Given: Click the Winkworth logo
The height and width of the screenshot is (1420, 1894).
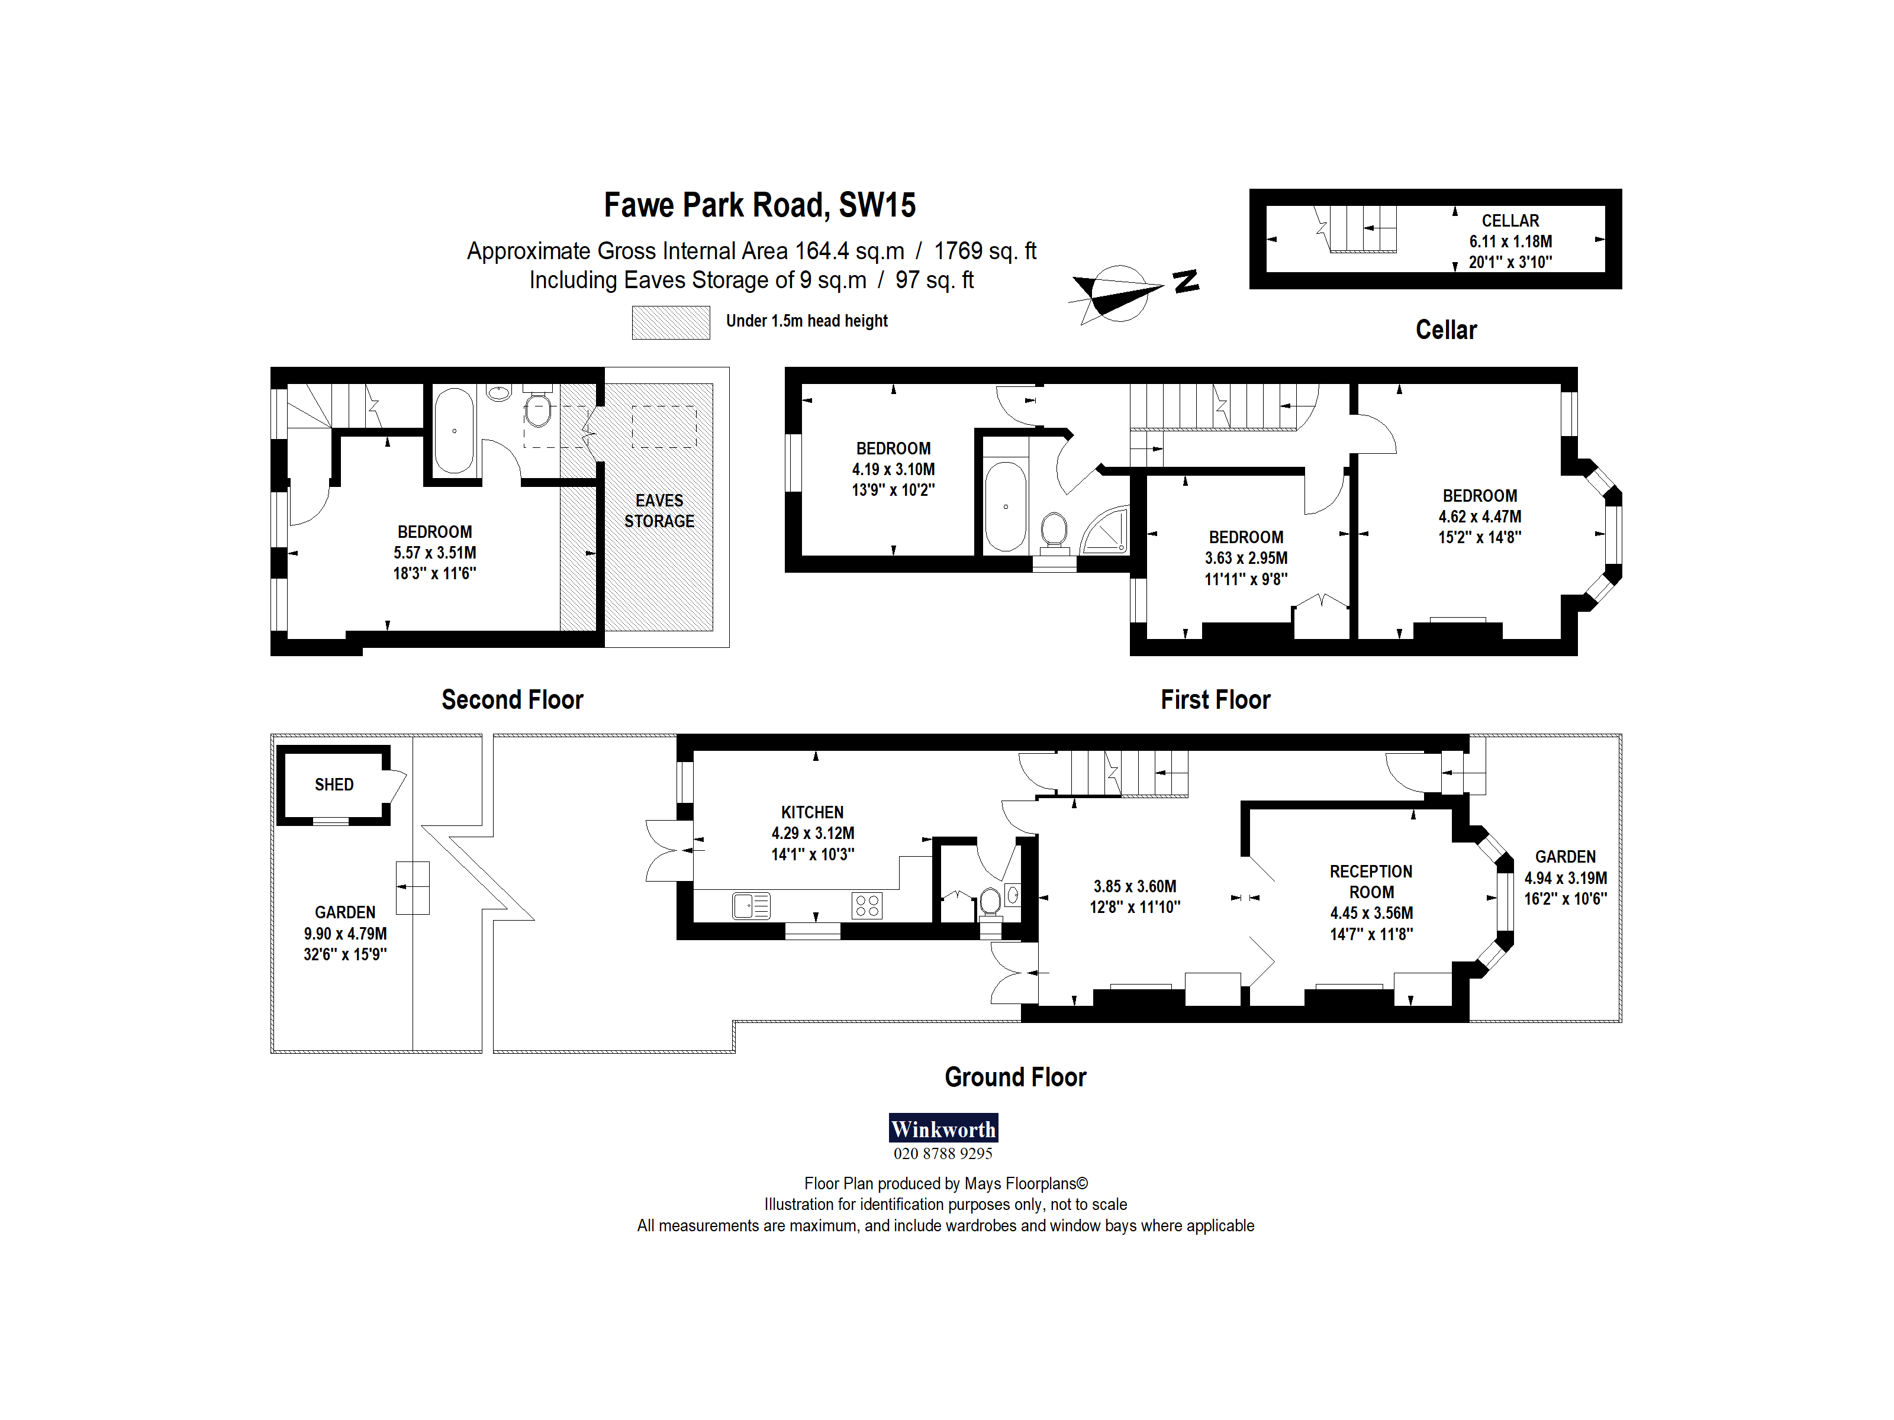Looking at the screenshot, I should pos(943,1128).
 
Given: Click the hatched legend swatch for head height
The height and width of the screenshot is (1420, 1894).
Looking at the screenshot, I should pos(671,322).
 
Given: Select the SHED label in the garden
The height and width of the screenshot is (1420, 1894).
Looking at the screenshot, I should pos(334,785).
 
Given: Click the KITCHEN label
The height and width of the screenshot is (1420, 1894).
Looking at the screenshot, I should pos(811,812).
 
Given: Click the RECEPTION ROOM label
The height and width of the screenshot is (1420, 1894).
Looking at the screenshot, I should pos(1371,882).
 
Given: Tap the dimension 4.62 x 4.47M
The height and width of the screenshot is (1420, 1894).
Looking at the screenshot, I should pos(1480,516).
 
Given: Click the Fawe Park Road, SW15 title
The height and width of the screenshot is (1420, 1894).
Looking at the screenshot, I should pos(759,205).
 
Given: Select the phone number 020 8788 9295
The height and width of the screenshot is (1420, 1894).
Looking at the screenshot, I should pos(943,1154).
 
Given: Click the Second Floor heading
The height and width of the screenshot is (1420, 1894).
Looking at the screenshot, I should pos(512,699).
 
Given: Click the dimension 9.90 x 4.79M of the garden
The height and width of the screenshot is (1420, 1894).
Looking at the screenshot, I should pos(345,934).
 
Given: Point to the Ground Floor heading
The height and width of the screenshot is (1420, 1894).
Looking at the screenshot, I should pos(1014,1077).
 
